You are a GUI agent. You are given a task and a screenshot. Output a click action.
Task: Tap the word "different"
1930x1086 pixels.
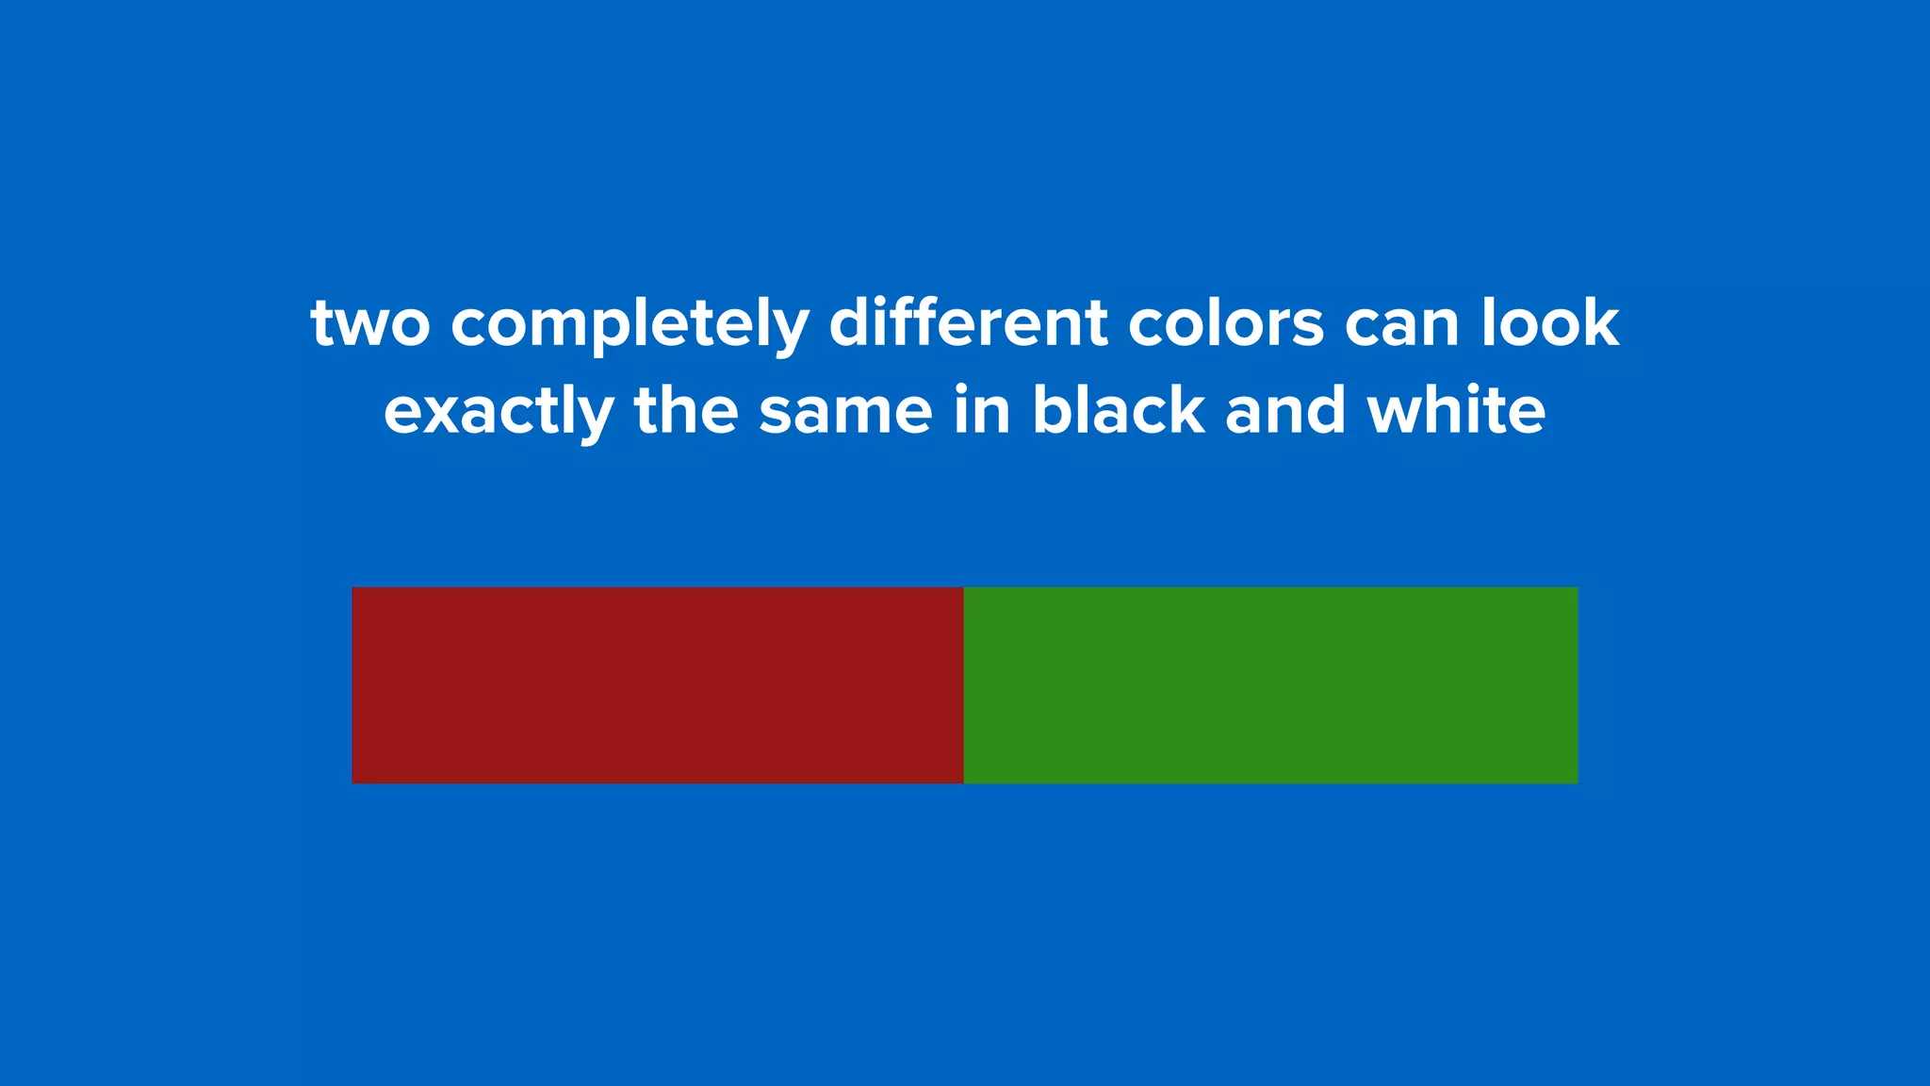point(968,323)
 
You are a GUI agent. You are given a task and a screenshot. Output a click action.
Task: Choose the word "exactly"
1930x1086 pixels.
point(499,413)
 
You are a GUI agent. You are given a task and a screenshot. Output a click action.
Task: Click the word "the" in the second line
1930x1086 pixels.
point(686,411)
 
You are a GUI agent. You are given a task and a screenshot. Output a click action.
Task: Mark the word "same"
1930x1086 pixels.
point(845,413)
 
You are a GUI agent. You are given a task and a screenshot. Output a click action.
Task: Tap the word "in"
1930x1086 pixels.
point(982,411)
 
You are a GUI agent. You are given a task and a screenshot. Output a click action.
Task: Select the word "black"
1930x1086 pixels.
point(1118,411)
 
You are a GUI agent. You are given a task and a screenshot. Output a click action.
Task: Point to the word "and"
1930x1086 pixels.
point(1285,411)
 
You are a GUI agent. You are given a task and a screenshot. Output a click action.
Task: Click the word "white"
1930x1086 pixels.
point(1456,411)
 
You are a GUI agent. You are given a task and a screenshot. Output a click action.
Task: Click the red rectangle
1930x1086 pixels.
point(657,685)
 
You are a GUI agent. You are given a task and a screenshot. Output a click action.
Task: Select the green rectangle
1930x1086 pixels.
point(1270,685)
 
